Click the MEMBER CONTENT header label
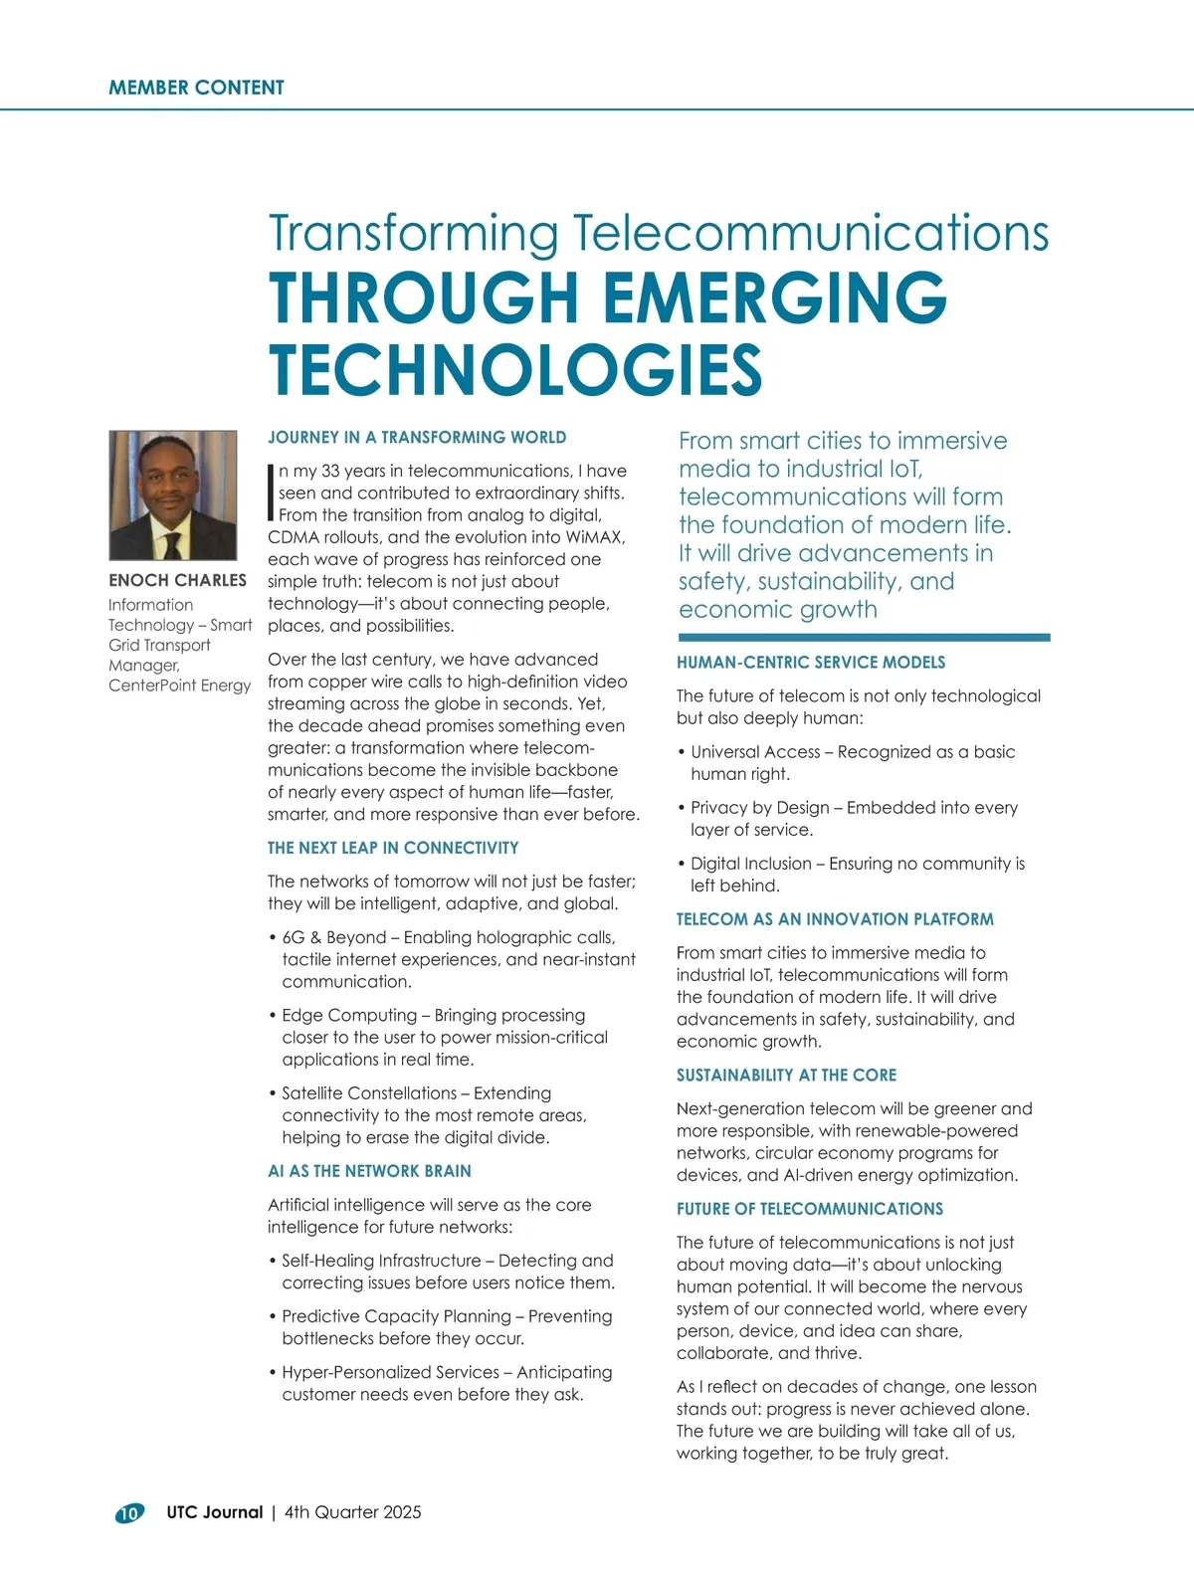[196, 88]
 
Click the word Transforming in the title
[413, 234]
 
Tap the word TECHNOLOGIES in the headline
[515, 369]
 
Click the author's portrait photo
[173, 494]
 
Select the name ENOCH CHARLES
[177, 580]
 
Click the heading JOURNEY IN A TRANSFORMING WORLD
[417, 438]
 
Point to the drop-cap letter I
[271, 492]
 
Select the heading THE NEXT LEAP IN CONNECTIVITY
[393, 848]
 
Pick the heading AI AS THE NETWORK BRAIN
[369, 1171]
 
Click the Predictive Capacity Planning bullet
[447, 1326]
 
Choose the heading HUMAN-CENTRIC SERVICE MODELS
[811, 663]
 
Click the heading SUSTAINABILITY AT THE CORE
[786, 1076]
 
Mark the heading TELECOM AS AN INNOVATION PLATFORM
[835, 919]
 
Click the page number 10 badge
[129, 1513]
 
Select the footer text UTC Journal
[214, 1512]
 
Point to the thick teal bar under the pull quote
[864, 638]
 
